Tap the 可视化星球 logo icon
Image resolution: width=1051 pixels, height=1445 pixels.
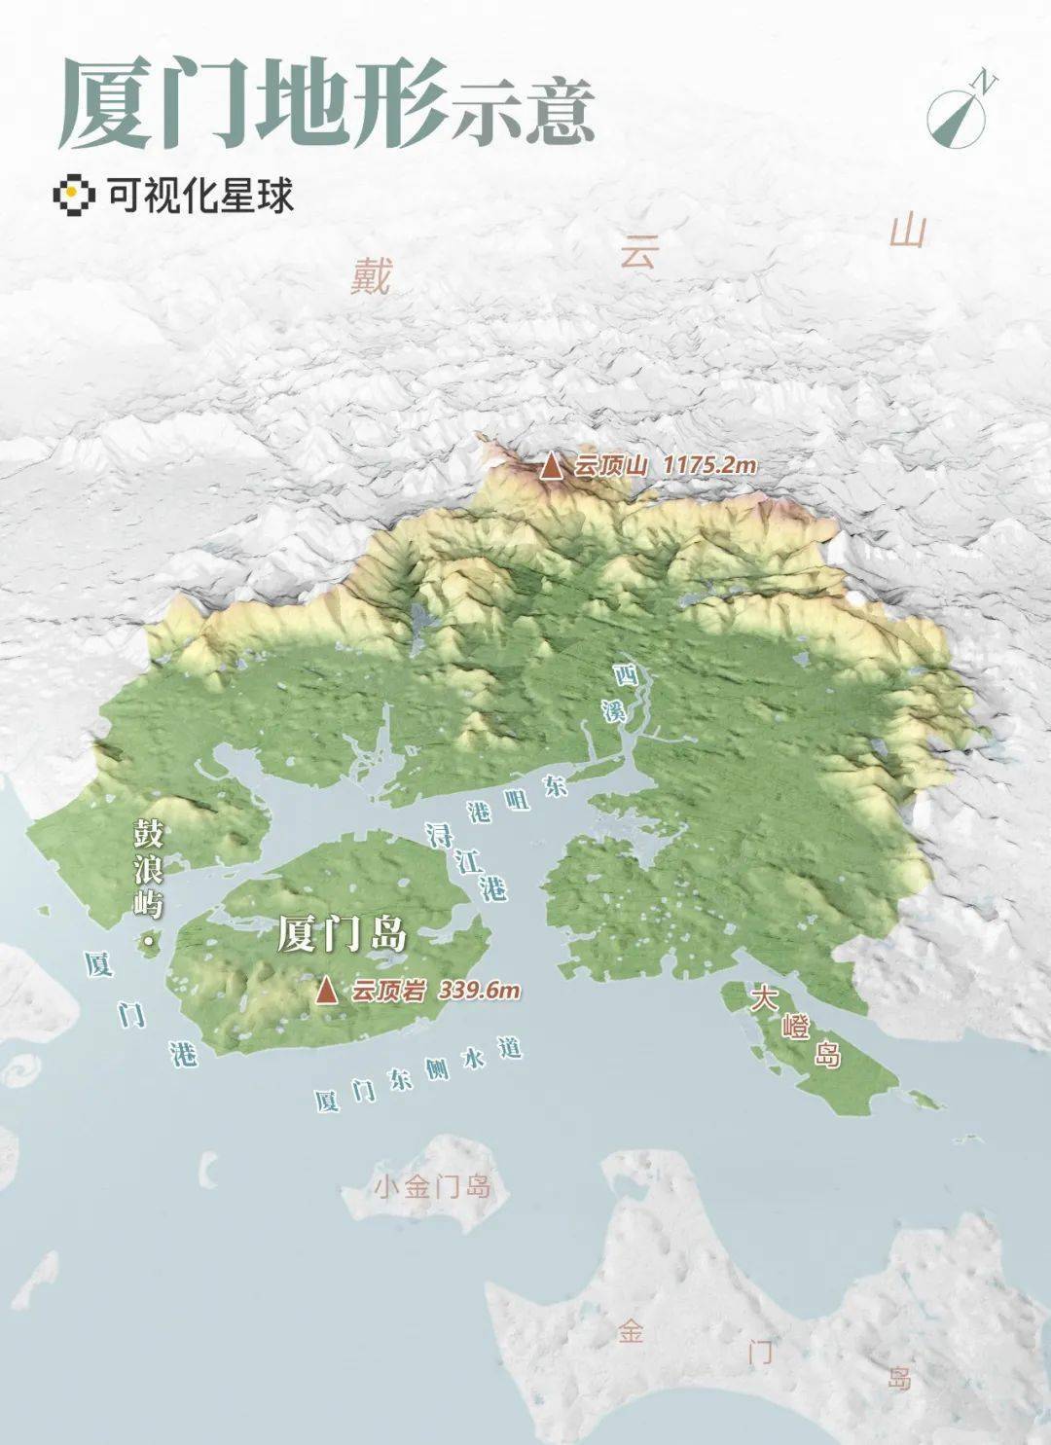click(x=73, y=195)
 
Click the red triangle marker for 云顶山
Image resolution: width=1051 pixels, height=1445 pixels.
click(x=552, y=467)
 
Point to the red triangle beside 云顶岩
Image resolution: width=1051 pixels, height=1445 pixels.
click(x=327, y=991)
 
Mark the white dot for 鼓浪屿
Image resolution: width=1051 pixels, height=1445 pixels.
click(x=148, y=942)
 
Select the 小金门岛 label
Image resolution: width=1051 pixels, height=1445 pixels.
click(x=432, y=1188)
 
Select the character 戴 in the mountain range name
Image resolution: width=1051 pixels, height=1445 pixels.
click(x=372, y=275)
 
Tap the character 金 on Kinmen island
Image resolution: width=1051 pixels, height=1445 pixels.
click(x=630, y=1330)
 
